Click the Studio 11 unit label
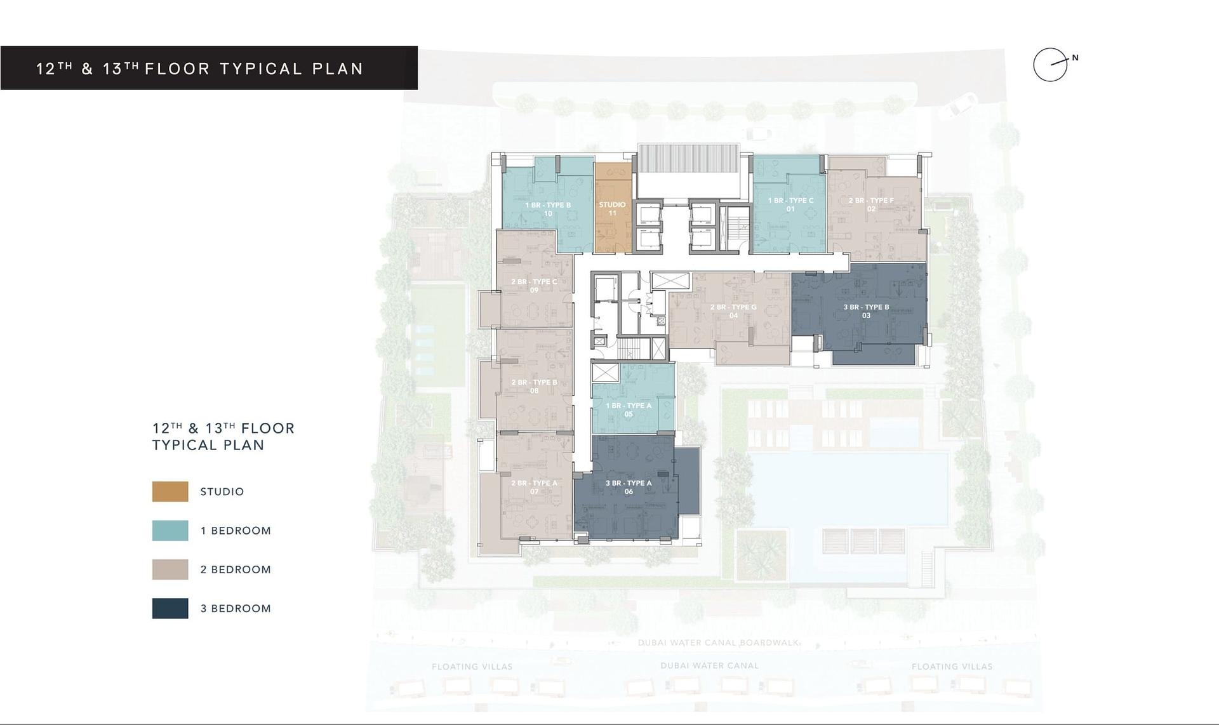point(612,209)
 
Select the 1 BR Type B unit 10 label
point(547,210)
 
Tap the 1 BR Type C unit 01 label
point(790,204)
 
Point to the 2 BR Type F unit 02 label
point(871,204)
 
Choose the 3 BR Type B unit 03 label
point(866,311)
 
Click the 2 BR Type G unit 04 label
point(733,311)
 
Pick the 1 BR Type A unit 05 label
point(629,409)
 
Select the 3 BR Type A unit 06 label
point(629,487)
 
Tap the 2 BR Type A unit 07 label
point(534,487)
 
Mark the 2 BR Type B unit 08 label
point(534,386)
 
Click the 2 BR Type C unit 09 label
point(534,286)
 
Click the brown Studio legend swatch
point(170,491)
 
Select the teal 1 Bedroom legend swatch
point(170,531)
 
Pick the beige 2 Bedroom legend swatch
point(170,569)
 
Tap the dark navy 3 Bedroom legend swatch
point(170,608)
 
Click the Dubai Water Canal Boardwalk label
point(718,642)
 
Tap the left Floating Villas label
point(472,667)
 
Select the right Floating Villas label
point(952,667)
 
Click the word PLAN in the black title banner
point(338,69)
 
